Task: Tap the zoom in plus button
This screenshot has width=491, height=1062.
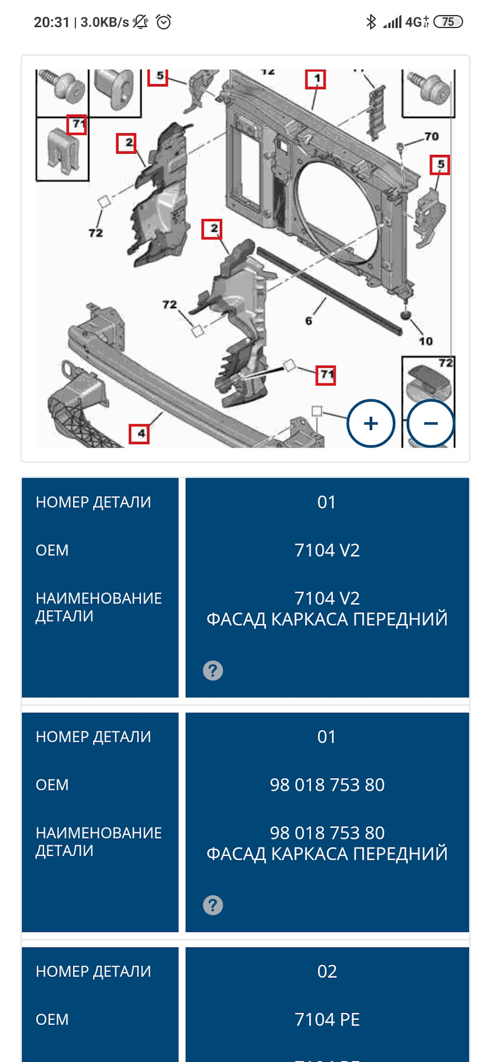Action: tap(370, 423)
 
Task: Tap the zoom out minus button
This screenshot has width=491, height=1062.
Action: tap(431, 423)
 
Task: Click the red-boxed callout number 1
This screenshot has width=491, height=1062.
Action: tap(316, 79)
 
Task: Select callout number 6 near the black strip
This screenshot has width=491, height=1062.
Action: tap(309, 321)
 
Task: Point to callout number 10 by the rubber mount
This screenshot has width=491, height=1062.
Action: tap(425, 341)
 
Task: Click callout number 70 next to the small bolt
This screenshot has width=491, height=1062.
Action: tap(431, 136)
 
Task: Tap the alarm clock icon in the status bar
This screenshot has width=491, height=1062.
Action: tap(164, 22)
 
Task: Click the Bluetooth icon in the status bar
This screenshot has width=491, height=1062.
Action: tap(371, 22)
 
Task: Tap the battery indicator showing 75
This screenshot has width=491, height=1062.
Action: tap(448, 22)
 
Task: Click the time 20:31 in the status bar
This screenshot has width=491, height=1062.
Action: tap(51, 22)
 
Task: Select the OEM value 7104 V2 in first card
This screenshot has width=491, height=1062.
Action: tap(327, 550)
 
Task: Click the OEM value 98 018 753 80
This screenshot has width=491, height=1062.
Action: tap(327, 785)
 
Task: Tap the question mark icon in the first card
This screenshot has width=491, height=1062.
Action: tap(213, 670)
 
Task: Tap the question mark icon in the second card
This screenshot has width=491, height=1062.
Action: tap(213, 905)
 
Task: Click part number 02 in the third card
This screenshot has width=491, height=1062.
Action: tap(327, 971)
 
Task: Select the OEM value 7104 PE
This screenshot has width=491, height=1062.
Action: tap(327, 1019)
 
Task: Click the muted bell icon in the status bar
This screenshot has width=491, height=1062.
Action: tap(141, 22)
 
